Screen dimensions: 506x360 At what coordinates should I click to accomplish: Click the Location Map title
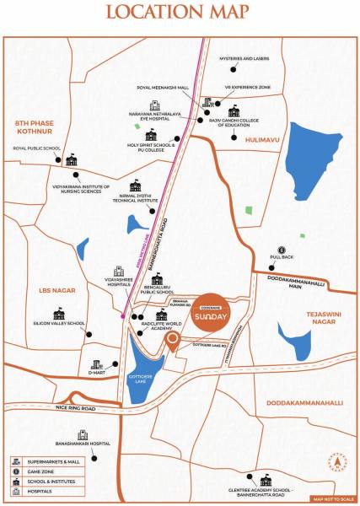pos(179,13)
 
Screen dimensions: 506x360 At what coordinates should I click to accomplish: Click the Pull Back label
pos(282,258)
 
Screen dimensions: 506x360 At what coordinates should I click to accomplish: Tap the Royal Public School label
pos(36,148)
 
